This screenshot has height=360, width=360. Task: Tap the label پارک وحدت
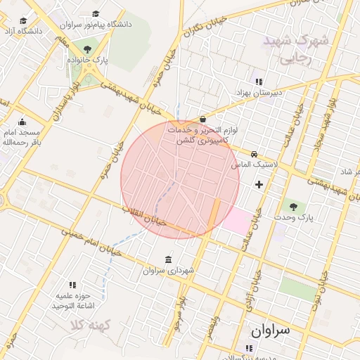(x=292, y=218)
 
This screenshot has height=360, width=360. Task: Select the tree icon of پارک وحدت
(x=293, y=206)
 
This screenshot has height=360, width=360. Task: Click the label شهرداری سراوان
(x=168, y=270)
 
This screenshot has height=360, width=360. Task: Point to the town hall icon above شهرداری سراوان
(x=168, y=259)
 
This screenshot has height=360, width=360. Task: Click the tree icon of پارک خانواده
(x=87, y=49)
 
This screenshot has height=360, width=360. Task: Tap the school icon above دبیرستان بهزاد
(x=258, y=81)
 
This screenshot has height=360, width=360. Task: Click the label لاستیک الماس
(x=256, y=164)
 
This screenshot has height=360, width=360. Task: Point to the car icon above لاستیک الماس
(x=255, y=154)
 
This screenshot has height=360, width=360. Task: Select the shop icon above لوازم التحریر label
(x=203, y=120)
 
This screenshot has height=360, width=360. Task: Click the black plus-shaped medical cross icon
(x=259, y=184)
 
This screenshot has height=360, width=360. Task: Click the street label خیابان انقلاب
(x=144, y=215)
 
